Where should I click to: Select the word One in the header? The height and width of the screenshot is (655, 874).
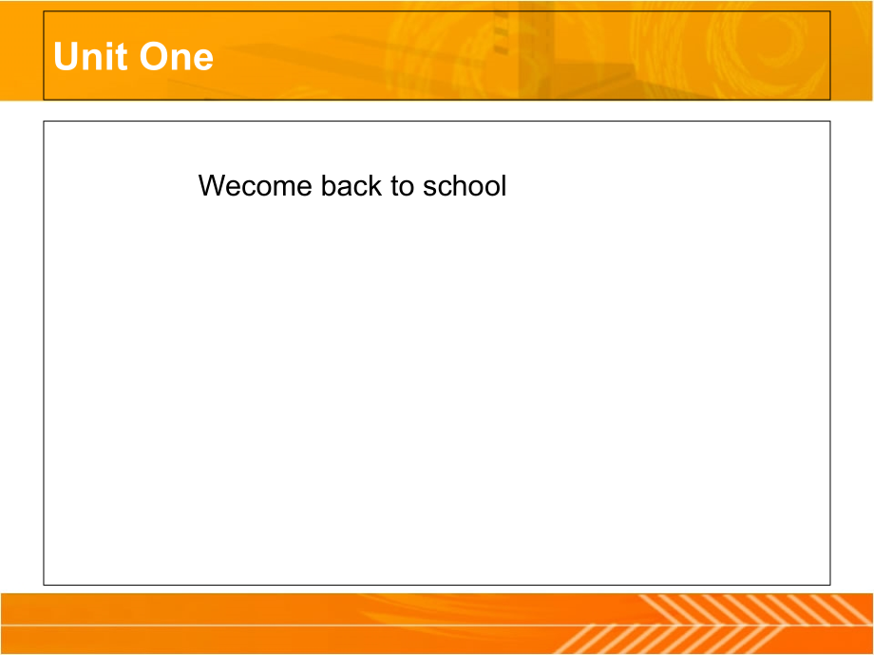tap(176, 56)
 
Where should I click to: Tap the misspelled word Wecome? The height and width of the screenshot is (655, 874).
tap(256, 185)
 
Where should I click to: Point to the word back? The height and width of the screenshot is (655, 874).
tap(351, 185)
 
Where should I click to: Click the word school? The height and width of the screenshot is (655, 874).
tap(465, 185)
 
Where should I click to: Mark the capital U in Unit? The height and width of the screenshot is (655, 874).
tap(66, 56)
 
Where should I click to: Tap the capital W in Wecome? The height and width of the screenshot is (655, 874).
tap(214, 185)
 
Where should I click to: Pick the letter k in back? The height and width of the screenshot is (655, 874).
tap(375, 185)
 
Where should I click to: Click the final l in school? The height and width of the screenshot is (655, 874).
tap(503, 185)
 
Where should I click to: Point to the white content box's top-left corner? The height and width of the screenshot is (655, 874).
tap(44, 121)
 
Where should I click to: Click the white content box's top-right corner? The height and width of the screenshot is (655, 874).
tap(830, 121)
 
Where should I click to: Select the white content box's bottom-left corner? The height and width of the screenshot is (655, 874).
tap(44, 585)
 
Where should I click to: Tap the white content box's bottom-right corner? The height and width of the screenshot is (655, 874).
tap(830, 585)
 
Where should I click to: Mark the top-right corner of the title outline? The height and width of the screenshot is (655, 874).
tap(830, 11)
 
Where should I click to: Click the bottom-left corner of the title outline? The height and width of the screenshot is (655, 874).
tap(44, 100)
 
